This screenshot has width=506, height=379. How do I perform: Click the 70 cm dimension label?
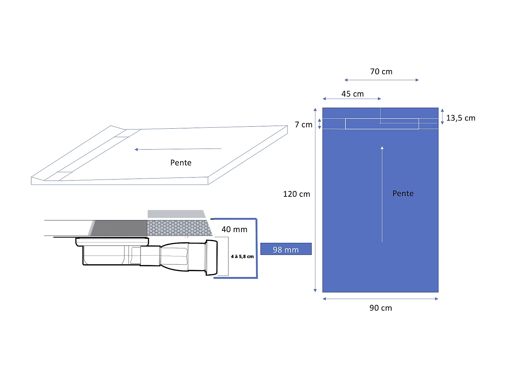[381, 72]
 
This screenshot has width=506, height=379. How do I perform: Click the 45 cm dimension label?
[353, 94]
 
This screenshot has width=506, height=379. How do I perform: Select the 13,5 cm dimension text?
[460, 118]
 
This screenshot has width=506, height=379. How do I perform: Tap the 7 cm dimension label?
[303, 125]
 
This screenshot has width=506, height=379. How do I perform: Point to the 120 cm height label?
[296, 194]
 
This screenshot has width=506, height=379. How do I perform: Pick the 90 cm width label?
[381, 308]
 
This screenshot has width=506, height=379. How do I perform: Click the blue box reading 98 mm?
[286, 249]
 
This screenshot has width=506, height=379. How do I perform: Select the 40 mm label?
[234, 229]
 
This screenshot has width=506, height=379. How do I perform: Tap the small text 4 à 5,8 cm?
[242, 257]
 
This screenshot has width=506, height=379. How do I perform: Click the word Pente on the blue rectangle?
[403, 193]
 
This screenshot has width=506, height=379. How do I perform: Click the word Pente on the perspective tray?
[181, 163]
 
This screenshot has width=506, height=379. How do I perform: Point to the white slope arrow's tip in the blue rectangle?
[382, 148]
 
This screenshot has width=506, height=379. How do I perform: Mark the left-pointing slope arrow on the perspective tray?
[178, 149]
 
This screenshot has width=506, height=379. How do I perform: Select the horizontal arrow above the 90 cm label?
[380, 299]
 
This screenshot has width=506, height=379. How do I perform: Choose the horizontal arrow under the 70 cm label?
[381, 80]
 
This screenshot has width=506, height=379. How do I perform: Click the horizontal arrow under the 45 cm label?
[352, 99]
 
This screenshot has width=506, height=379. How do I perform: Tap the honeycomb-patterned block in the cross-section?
[179, 228]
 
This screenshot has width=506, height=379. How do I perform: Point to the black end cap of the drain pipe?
[212, 258]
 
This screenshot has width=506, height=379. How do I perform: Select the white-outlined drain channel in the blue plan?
[382, 124]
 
